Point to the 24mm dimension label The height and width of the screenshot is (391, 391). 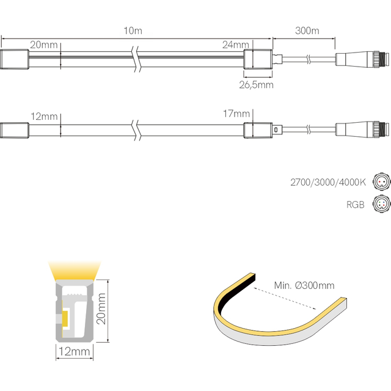[x=236, y=45]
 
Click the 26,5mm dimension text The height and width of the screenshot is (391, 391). [x=255, y=85]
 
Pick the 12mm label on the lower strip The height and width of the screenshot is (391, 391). [x=45, y=115]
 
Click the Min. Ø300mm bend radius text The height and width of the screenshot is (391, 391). [x=304, y=285]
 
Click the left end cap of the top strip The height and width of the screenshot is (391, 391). [x=15, y=59]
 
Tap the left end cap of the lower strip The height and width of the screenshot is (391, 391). [x=15, y=130]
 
